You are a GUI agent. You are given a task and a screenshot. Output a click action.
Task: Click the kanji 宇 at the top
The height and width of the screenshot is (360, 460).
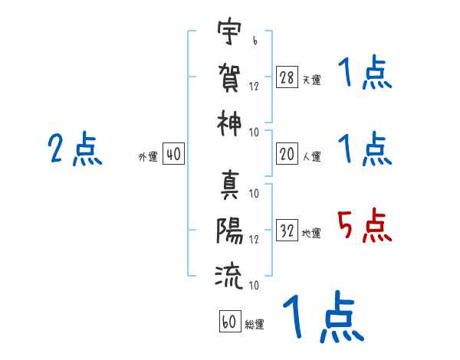[x=228, y=34]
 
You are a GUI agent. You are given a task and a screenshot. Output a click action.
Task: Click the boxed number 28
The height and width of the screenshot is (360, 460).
[x=287, y=78]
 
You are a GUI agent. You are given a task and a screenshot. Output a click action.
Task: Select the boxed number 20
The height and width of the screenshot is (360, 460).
[x=287, y=155]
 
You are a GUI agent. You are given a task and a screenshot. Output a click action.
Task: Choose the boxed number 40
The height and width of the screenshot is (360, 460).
[x=173, y=155]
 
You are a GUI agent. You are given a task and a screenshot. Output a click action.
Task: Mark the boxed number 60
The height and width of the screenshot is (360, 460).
[x=230, y=322]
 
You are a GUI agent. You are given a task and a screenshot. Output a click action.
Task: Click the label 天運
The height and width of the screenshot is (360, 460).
[x=311, y=80]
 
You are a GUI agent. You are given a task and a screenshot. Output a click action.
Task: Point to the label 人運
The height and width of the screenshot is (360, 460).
[x=311, y=156]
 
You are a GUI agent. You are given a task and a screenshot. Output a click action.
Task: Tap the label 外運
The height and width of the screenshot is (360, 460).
[x=148, y=156]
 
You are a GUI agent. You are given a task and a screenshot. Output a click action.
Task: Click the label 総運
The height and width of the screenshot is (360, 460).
[x=255, y=324]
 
